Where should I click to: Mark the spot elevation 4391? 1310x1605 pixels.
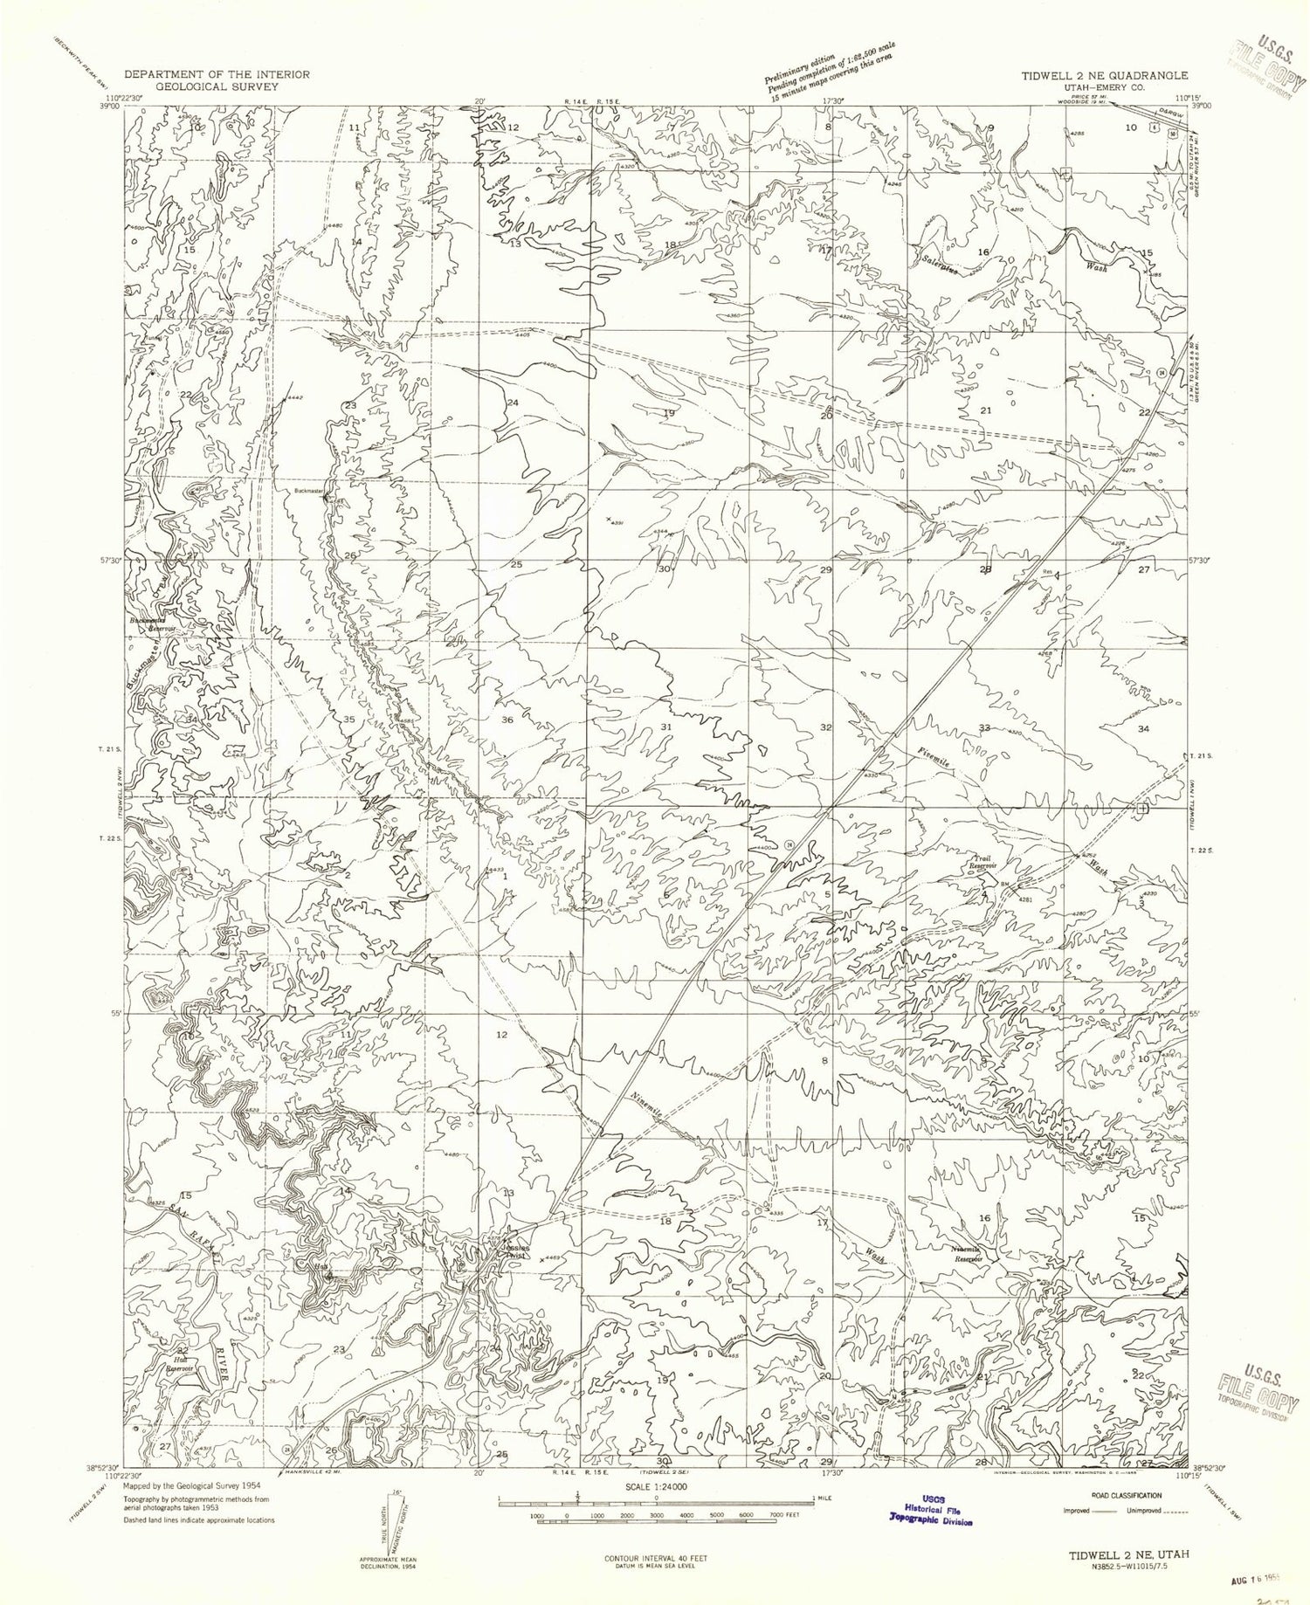pos(617,522)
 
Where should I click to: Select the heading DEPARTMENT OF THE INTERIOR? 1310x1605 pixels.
pos(217,74)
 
